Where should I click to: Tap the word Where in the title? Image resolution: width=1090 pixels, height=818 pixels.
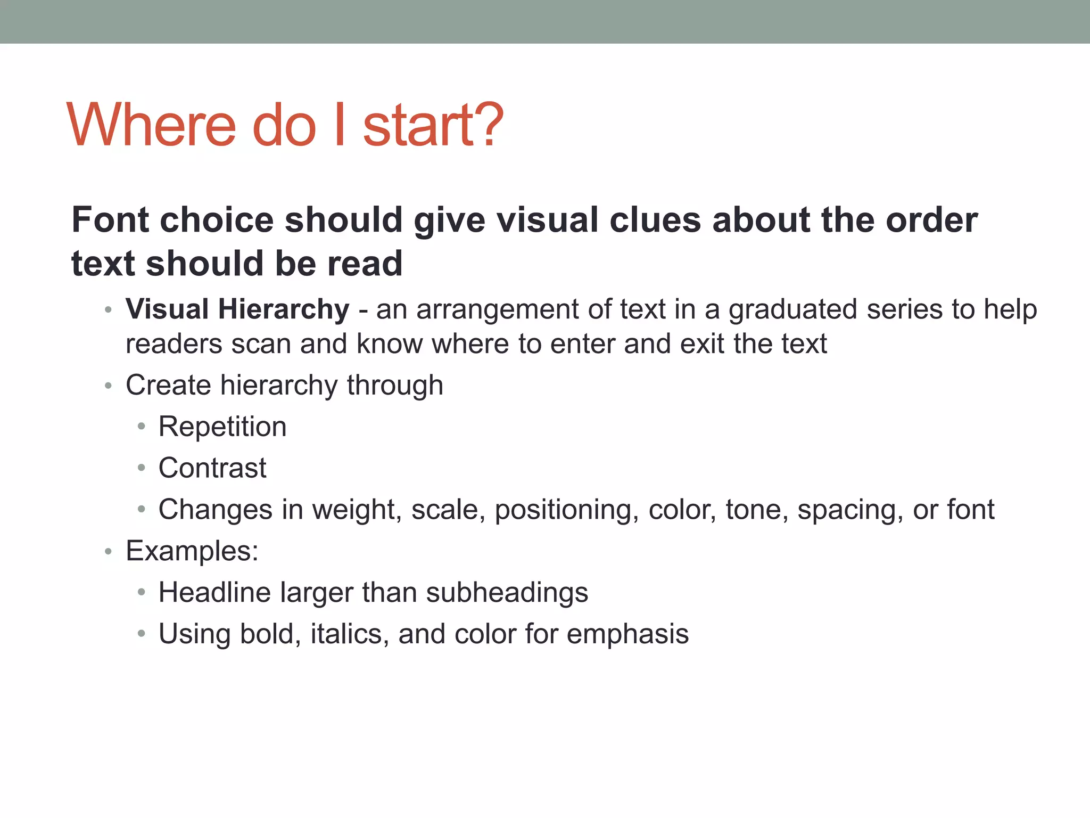(x=151, y=125)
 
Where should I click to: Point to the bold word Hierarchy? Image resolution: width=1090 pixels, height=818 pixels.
(x=284, y=309)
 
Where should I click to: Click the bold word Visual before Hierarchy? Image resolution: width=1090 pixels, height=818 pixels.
(x=167, y=309)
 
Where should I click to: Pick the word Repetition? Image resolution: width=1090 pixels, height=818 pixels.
(x=222, y=427)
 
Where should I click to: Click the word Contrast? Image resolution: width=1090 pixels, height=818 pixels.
(x=212, y=468)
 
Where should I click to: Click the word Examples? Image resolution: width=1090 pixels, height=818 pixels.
(x=192, y=551)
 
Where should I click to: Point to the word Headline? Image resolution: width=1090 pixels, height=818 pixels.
(x=214, y=592)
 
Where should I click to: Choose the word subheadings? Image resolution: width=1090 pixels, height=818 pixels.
(x=507, y=593)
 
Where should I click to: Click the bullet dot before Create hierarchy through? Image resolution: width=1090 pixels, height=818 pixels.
(x=108, y=386)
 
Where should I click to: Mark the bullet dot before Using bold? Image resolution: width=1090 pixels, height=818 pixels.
(x=141, y=634)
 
